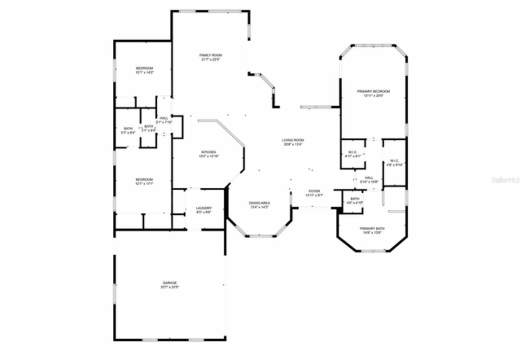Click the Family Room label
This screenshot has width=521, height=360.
click(x=210, y=55)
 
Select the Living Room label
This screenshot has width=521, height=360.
click(x=293, y=140)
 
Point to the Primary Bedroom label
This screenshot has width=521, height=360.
click(x=373, y=91)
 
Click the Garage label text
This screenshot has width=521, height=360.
click(x=169, y=283)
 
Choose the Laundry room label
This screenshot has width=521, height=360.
click(x=204, y=208)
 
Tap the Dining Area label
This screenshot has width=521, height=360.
click(x=259, y=203)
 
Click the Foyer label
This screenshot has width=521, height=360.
click(x=314, y=191)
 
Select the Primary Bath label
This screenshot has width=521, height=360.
click(x=372, y=228)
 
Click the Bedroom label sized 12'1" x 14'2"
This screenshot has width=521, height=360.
click(x=144, y=68)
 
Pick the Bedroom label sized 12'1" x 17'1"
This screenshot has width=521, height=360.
click(x=144, y=180)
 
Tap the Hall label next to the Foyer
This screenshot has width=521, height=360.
click(x=369, y=178)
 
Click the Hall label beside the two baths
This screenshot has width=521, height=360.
click(x=164, y=118)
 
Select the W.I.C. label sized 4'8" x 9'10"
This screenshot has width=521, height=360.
click(x=394, y=160)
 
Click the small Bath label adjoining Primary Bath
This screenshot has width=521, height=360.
click(x=351, y=198)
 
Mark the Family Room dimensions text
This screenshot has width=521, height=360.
click(x=210, y=59)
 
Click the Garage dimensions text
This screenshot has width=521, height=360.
click(x=169, y=287)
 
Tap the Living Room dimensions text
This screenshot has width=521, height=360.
click(x=293, y=144)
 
